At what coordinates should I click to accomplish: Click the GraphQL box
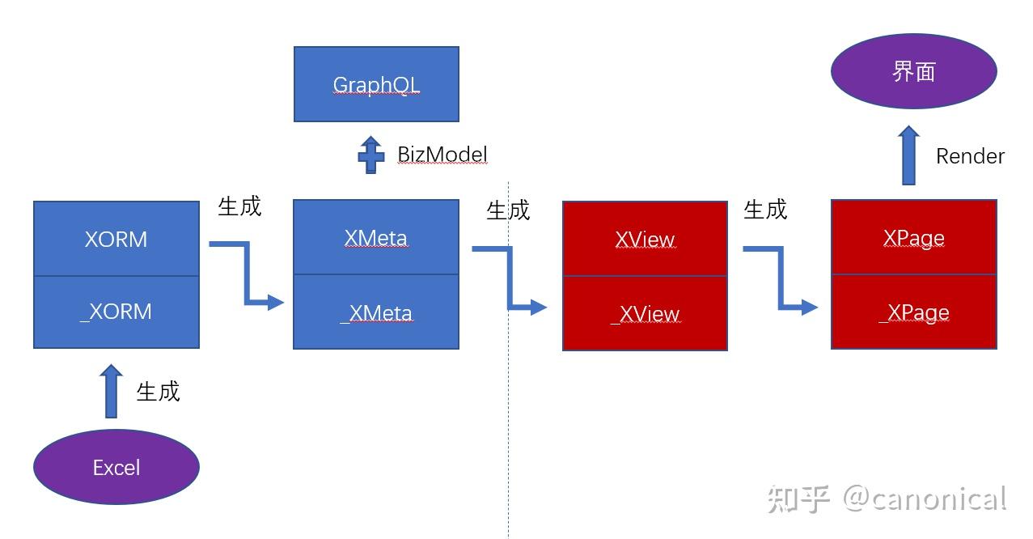pyautogui.click(x=376, y=84)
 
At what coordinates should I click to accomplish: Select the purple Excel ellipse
pyautogui.click(x=116, y=467)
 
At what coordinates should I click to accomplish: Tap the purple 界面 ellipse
pyautogui.click(x=913, y=71)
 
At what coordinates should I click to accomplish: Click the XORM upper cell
pyautogui.click(x=116, y=239)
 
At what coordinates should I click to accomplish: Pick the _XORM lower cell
pyautogui.click(x=116, y=312)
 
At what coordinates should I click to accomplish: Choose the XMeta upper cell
pyautogui.click(x=376, y=237)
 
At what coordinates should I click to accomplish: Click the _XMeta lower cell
pyautogui.click(x=376, y=312)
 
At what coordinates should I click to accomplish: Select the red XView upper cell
pyautogui.click(x=645, y=239)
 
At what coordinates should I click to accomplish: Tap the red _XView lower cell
pyautogui.click(x=645, y=313)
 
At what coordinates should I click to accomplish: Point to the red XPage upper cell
pyautogui.click(x=913, y=237)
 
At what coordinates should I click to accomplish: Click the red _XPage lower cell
pyautogui.click(x=913, y=312)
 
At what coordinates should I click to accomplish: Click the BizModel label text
pyautogui.click(x=442, y=154)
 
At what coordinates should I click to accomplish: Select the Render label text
pyautogui.click(x=970, y=156)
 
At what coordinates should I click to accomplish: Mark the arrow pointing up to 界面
pyautogui.click(x=909, y=155)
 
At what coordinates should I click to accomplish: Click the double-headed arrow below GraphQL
pyautogui.click(x=370, y=154)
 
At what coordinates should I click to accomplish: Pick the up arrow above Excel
pyautogui.click(x=111, y=391)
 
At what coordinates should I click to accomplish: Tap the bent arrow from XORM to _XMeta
pyautogui.click(x=247, y=274)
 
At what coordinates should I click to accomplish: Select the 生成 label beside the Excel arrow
pyautogui.click(x=158, y=392)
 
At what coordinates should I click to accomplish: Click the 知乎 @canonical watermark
pyautogui.click(x=887, y=499)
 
